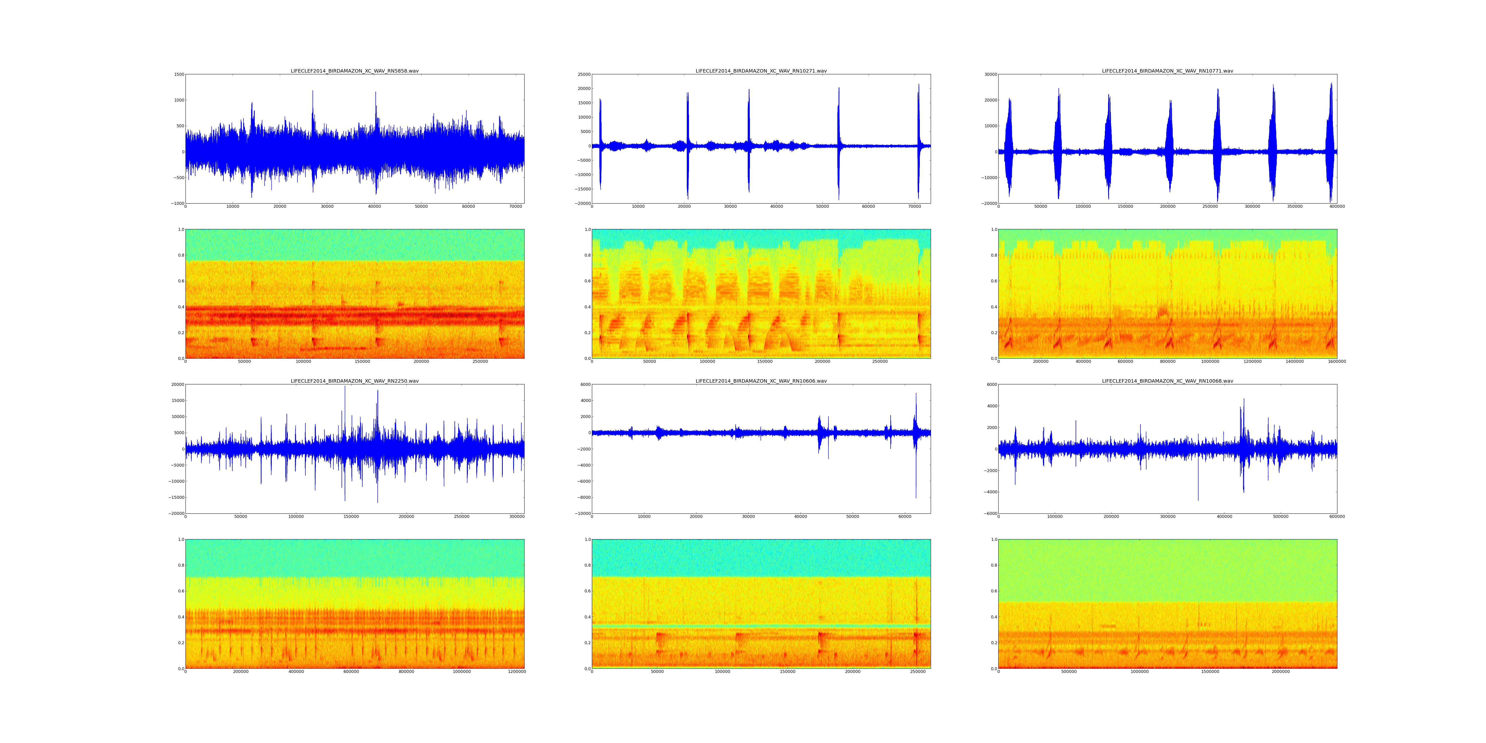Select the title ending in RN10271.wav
[x=761, y=71]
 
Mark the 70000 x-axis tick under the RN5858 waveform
[x=516, y=207]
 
